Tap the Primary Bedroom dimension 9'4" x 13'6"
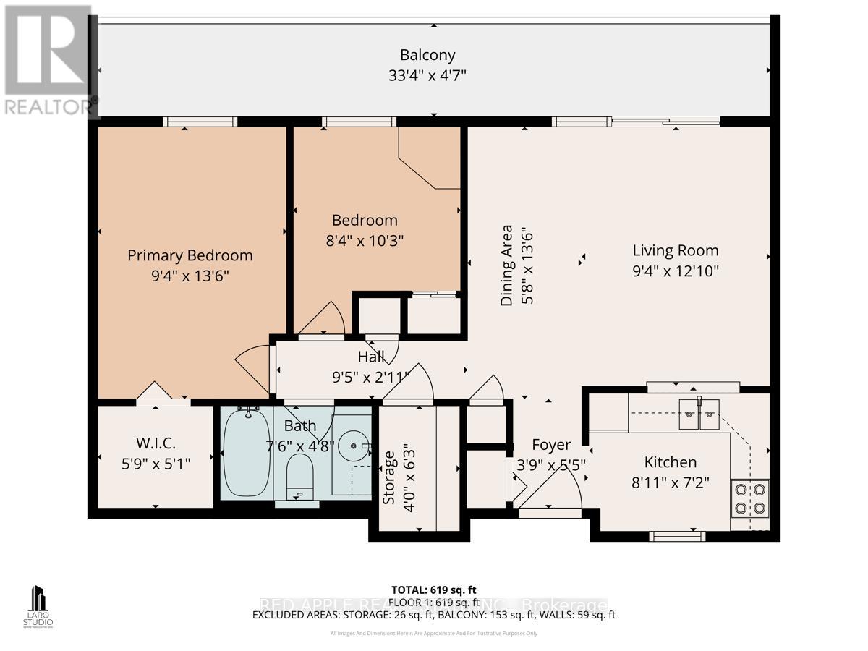click(190, 276)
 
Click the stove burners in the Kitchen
click(749, 498)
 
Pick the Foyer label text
click(551, 445)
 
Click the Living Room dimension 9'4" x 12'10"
click(676, 271)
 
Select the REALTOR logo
click(48, 61)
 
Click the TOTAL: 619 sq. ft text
click(433, 590)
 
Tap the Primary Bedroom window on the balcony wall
click(200, 122)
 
